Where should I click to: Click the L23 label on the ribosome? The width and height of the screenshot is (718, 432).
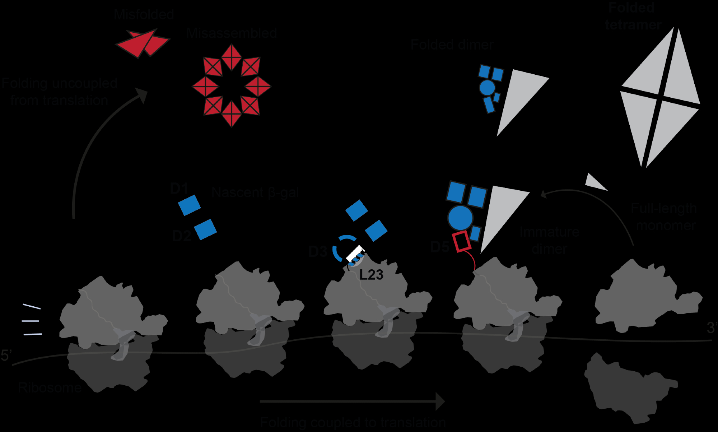pyautogui.click(x=371, y=275)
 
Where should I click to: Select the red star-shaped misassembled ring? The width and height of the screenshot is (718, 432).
pyautogui.click(x=232, y=86)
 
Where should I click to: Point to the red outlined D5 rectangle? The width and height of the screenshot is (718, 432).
pyautogui.click(x=462, y=241)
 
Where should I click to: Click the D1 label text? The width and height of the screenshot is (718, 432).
pyautogui.click(x=179, y=189)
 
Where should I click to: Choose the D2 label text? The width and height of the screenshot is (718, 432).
pyautogui.click(x=181, y=236)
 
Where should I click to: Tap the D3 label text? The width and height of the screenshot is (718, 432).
pyautogui.click(x=318, y=252)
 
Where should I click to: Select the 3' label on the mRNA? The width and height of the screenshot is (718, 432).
pyautogui.click(x=712, y=328)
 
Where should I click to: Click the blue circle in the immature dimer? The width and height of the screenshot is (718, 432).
pyautogui.click(x=460, y=218)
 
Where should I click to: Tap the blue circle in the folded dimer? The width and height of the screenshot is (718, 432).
pyautogui.click(x=487, y=87)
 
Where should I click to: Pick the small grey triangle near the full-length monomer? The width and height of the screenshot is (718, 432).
pyautogui.click(x=595, y=182)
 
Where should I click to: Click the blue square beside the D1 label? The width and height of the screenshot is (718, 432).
pyautogui.click(x=190, y=205)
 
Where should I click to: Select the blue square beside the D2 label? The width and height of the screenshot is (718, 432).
pyautogui.click(x=205, y=229)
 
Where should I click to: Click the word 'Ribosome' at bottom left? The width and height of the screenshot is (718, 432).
pyautogui.click(x=50, y=388)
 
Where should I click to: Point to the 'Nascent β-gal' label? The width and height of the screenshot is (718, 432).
pyautogui.click(x=255, y=193)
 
